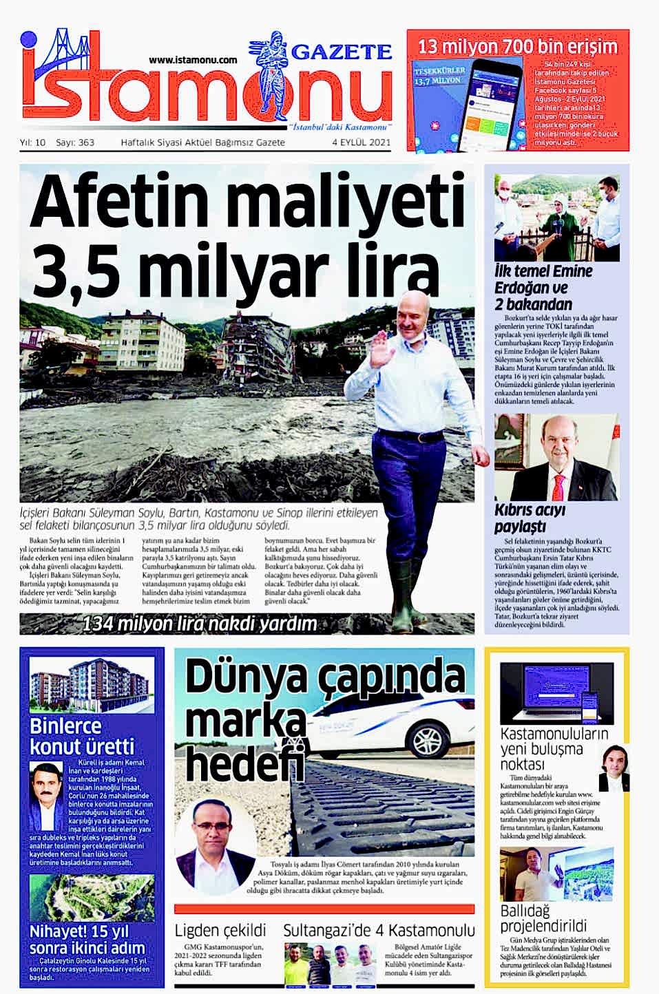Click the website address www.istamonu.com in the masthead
pos(193,61)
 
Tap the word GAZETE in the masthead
pos(342,52)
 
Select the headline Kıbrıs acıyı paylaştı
pos(530,518)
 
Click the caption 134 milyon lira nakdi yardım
pos(200,624)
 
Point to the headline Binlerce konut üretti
pos(82,736)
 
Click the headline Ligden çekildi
pos(220,931)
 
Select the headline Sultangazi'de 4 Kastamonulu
pos(379,931)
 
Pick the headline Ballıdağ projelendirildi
pos(543,918)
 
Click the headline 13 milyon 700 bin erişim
pos(518,46)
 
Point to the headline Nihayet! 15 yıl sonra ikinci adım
pos(87,940)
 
